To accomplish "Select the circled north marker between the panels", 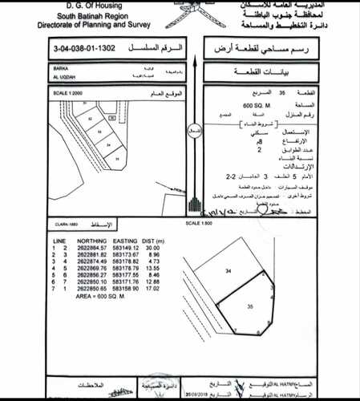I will tap(193, 128).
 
